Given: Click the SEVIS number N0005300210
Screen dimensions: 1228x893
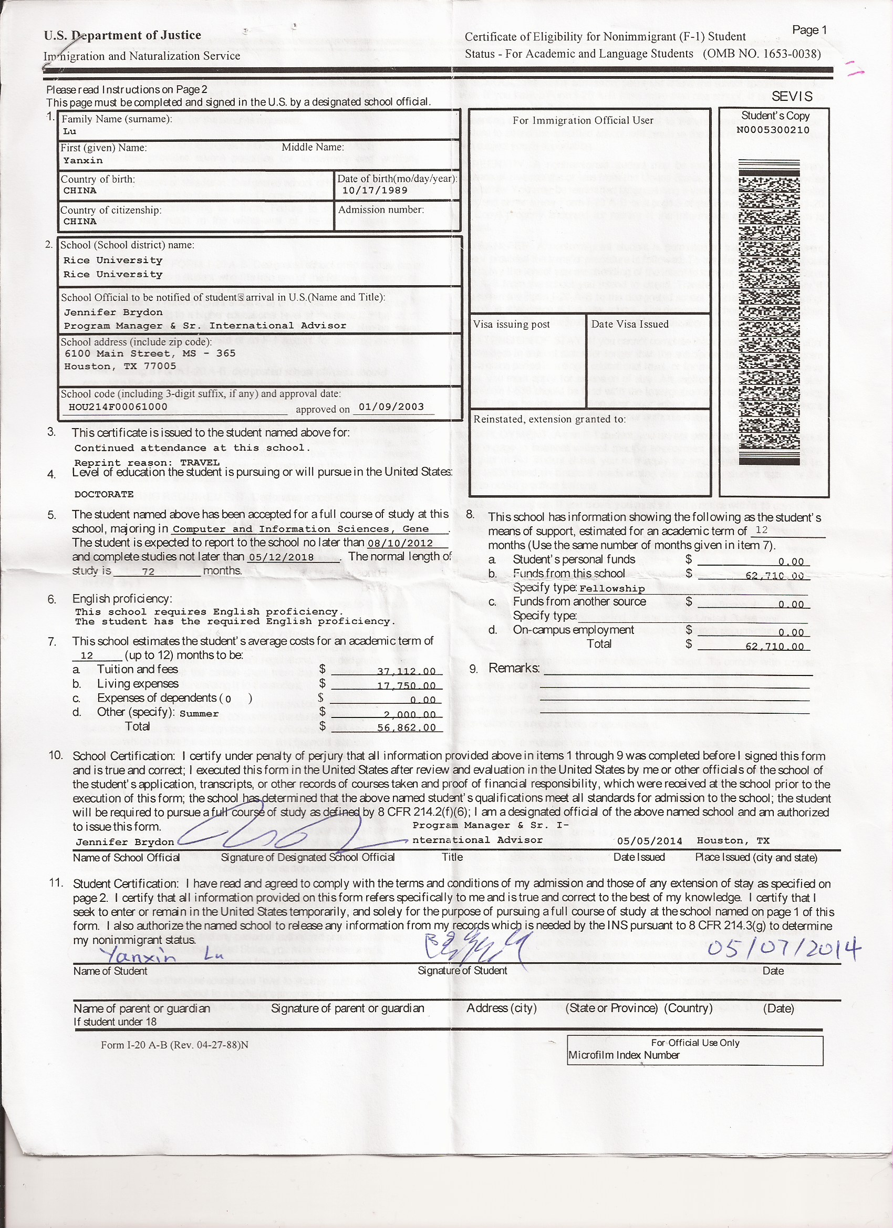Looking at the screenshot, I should (773, 130).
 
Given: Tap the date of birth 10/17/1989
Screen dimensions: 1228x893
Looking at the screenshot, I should (374, 191).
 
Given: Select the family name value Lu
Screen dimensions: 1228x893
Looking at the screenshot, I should (70, 131).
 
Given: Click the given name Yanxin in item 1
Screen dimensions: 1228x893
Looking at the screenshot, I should (83, 160).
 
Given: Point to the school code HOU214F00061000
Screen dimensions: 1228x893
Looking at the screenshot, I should (118, 407).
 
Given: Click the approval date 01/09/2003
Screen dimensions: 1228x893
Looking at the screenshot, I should (391, 407).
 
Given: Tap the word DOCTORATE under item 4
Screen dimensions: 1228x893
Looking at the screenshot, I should (104, 494).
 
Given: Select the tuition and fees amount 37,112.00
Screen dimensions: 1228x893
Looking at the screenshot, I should (406, 671).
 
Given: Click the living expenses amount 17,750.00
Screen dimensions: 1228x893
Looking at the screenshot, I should (406, 686).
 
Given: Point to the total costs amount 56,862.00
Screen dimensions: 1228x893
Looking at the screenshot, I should (406, 727).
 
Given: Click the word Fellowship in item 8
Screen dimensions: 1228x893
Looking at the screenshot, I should (612, 589).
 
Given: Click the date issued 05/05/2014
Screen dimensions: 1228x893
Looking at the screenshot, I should (649, 841).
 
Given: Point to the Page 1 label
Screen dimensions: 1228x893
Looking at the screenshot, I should (809, 30).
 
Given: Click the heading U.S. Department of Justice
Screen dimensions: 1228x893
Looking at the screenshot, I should (122, 35).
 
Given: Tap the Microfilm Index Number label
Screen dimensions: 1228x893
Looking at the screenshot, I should (624, 1055).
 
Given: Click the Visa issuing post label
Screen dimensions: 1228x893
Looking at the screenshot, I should (511, 324).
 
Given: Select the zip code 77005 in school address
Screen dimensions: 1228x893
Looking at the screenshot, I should (160, 366).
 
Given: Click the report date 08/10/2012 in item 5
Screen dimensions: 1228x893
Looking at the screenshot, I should (400, 543).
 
